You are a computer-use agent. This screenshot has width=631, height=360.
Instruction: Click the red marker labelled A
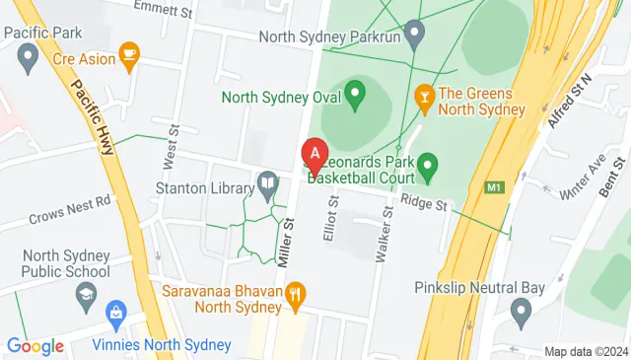click(314, 155)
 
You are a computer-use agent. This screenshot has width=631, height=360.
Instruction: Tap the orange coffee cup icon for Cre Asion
click(128, 52)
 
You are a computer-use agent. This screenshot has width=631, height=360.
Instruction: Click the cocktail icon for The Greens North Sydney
click(425, 96)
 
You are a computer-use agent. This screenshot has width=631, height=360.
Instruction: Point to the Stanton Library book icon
click(267, 182)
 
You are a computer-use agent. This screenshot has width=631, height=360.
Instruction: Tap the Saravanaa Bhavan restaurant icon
click(293, 293)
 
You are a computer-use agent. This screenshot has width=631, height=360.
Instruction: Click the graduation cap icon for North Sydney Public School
click(87, 293)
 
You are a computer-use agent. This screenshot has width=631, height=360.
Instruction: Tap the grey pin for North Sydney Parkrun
click(415, 36)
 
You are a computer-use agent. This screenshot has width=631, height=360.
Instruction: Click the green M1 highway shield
click(495, 185)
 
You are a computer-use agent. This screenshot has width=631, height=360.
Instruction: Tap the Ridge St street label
click(424, 204)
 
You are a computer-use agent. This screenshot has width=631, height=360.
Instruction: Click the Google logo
click(35, 346)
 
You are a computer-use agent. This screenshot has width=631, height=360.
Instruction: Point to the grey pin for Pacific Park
click(29, 58)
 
